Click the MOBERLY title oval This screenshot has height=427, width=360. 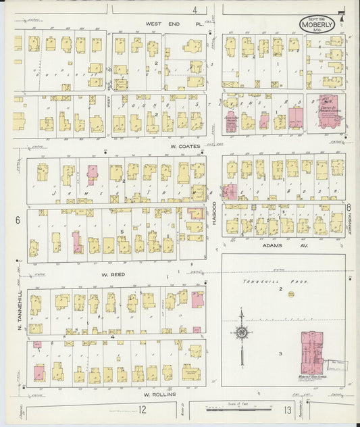[317, 25]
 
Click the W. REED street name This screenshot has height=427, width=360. [115, 275]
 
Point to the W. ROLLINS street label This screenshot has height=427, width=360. [159, 394]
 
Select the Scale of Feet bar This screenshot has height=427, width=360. [232, 409]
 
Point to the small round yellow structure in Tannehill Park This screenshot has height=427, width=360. [292, 294]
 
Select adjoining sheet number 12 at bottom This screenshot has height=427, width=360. [143, 409]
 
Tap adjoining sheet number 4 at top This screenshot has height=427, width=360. [195, 9]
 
